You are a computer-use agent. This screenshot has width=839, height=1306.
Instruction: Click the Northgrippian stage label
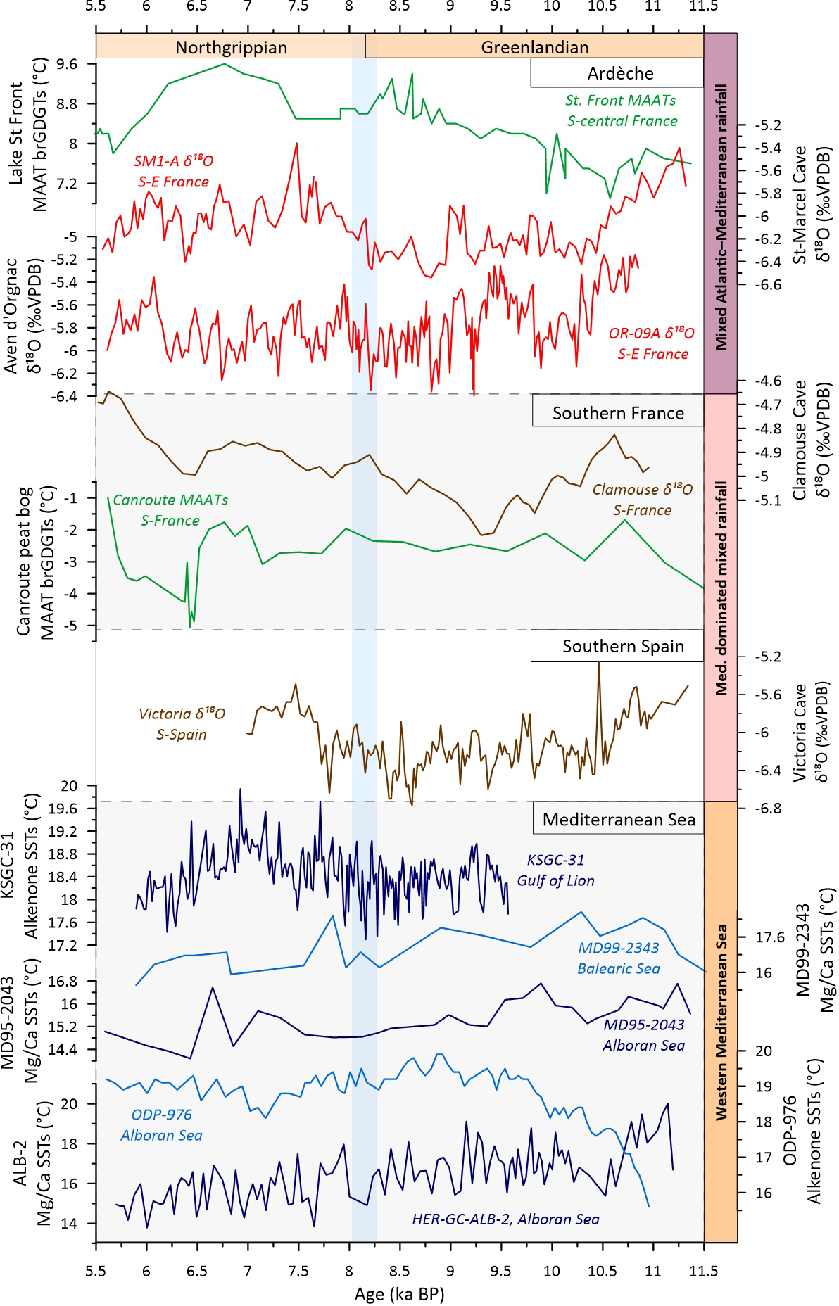231,47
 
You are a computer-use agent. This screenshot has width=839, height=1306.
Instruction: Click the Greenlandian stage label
535,47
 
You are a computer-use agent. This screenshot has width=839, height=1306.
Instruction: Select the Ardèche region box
619,73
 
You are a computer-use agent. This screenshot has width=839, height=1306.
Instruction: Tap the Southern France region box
618,413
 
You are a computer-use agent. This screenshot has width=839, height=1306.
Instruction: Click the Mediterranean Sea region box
619,820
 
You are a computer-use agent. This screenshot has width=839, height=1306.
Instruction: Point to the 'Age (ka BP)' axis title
399,1294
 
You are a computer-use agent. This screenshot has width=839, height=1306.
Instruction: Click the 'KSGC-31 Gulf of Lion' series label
555,870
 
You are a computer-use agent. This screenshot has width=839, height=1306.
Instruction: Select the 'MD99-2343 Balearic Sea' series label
619,958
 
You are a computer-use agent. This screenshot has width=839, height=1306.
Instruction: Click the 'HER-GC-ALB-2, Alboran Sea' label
505,1219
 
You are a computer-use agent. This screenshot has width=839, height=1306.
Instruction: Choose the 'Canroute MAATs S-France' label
170,510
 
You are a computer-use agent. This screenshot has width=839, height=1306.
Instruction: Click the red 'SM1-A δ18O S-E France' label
173,171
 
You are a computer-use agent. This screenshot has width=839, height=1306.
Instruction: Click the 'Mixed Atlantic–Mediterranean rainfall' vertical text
721,217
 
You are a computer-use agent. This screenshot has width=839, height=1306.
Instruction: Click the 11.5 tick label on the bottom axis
703,1270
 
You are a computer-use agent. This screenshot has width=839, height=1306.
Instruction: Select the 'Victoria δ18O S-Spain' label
182,724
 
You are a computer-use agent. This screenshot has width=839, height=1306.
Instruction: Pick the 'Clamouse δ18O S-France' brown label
642,500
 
